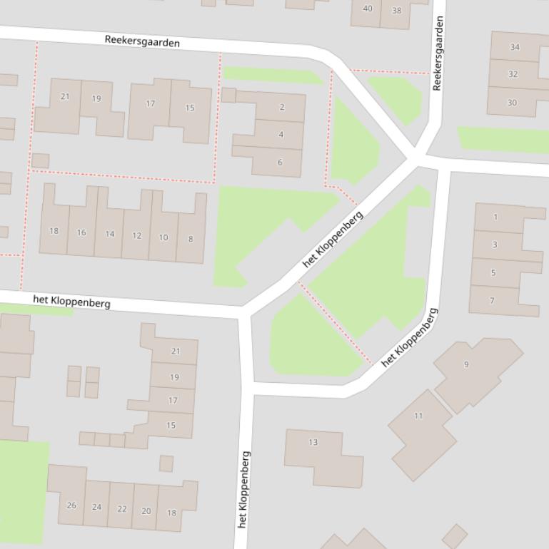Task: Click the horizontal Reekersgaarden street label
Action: tap(142, 41)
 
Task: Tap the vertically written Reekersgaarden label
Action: tap(438, 53)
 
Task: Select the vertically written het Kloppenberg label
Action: tap(243, 489)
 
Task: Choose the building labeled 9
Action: tap(466, 364)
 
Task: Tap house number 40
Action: tap(368, 9)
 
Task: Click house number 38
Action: tap(397, 11)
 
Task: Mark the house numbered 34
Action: tap(515, 47)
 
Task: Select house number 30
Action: tap(512, 103)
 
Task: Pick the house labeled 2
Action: tap(281, 107)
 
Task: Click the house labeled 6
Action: tap(280, 163)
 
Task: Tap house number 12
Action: tap(136, 235)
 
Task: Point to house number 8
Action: tap(191, 239)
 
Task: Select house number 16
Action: tap(81, 232)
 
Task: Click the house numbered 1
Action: tap(495, 217)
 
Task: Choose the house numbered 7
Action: tap(492, 301)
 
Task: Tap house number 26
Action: tap(71, 506)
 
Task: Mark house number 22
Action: tap(121, 509)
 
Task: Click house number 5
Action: tap(493, 272)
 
